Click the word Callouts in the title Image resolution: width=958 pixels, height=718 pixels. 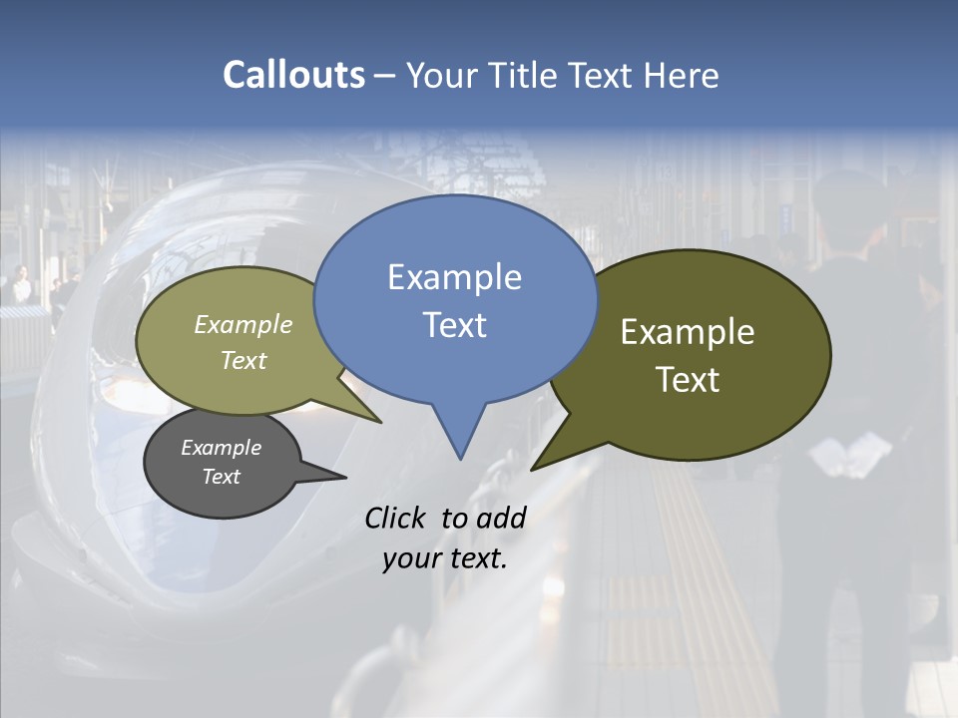(293, 75)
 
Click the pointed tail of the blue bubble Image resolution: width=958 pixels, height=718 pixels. (459, 439)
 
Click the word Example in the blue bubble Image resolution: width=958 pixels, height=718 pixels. (454, 277)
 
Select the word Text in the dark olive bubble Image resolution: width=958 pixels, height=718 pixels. (688, 379)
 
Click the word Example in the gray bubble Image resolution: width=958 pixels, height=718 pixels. (221, 448)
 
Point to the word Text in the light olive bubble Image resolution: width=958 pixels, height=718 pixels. (243, 360)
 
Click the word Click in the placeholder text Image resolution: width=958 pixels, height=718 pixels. (396, 518)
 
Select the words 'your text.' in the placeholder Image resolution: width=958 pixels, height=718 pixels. (445, 558)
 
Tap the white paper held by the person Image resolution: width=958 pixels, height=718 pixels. (849, 457)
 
